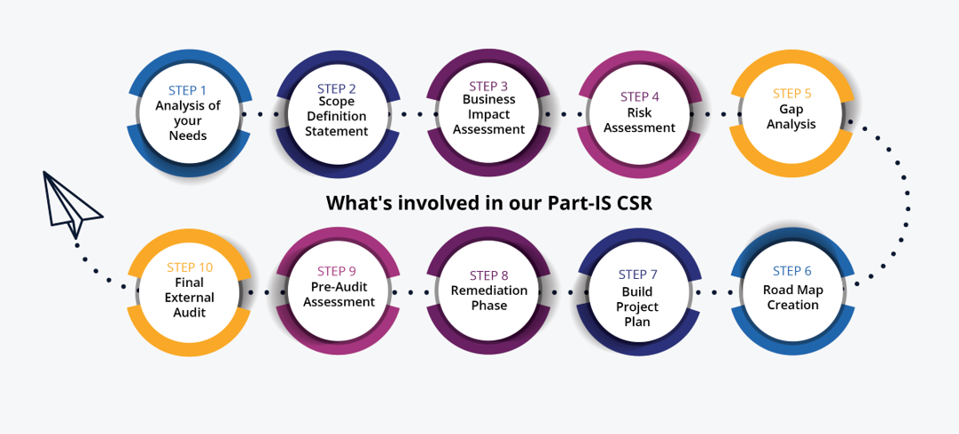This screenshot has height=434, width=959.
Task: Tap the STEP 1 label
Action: click(x=187, y=90)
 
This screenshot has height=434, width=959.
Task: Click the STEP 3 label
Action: click(x=488, y=86)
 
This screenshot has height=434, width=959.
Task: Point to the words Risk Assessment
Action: click(x=639, y=120)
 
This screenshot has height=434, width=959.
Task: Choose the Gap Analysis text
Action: click(x=791, y=116)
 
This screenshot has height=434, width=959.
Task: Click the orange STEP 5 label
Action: click(x=791, y=93)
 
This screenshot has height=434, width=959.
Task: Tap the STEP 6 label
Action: click(x=791, y=271)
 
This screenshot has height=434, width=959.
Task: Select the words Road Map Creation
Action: click(x=791, y=297)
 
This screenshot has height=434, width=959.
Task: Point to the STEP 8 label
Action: click(x=488, y=275)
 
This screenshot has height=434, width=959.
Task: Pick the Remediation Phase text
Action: click(x=488, y=298)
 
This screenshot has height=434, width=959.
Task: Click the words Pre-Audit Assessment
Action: click(x=339, y=294)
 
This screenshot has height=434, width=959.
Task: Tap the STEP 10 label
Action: click(x=189, y=267)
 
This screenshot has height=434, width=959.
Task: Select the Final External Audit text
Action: click(x=189, y=298)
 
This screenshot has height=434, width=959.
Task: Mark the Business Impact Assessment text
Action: click(x=488, y=114)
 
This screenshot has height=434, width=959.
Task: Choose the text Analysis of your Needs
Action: click(x=187, y=120)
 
